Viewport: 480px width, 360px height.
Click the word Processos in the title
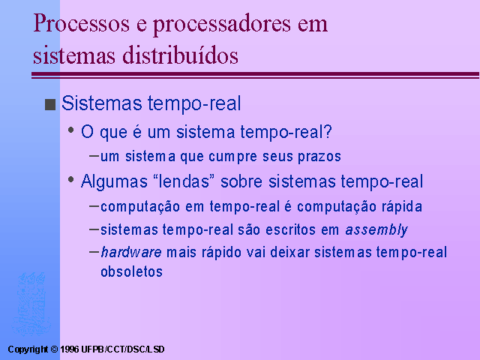81,23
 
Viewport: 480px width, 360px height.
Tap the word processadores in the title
222,25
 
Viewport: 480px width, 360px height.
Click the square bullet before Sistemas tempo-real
50,104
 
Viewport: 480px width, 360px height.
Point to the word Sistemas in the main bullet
102,103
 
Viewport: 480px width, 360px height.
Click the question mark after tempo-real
328,132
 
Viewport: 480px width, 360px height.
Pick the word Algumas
114,181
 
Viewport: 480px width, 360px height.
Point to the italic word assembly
376,229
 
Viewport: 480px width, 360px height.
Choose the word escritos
290,229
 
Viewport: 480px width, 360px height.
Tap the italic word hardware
131,252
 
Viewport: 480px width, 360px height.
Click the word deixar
290,252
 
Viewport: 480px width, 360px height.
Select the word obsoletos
132,271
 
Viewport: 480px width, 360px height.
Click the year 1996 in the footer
70,349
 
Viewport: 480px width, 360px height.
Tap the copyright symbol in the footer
54,349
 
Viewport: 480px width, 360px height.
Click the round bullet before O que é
71,130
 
